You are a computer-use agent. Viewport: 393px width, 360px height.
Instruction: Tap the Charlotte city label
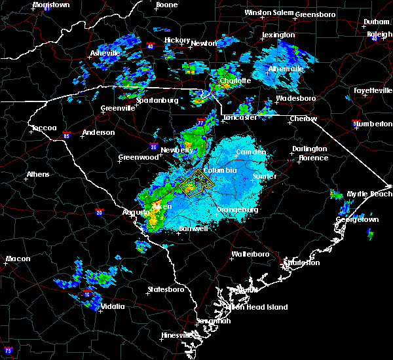tap(235, 81)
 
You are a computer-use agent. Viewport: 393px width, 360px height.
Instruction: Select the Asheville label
tap(105, 53)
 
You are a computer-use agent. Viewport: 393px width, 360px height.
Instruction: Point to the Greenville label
tap(117, 109)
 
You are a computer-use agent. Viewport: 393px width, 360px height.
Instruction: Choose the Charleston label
tap(301, 262)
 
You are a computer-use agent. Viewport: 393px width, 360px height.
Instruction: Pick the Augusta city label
tap(136, 212)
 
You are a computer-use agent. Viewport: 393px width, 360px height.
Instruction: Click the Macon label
tap(18, 259)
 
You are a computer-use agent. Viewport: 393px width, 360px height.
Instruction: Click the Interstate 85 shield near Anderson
tap(67, 135)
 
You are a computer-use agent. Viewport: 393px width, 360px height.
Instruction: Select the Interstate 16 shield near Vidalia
tap(87, 295)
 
